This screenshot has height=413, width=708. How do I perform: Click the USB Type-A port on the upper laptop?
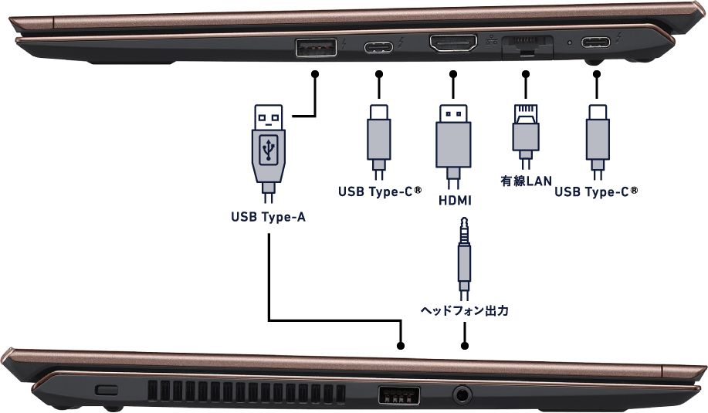[x=316, y=47]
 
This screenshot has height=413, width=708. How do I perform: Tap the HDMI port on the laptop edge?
[x=453, y=43]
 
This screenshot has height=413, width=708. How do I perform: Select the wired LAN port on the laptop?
[x=527, y=45]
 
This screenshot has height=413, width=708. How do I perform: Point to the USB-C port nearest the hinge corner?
[x=595, y=42]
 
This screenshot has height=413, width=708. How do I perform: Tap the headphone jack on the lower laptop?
[x=462, y=394]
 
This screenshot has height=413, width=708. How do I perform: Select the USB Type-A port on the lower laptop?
[x=398, y=396]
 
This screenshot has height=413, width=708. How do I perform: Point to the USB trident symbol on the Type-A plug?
[x=269, y=150]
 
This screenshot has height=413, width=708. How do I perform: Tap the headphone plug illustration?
[x=464, y=258]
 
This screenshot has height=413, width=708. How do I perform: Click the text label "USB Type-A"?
[x=268, y=217]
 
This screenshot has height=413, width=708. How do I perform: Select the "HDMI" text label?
[x=455, y=200]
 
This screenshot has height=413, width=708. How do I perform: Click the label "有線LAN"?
[x=526, y=181]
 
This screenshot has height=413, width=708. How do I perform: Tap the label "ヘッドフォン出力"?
[x=464, y=310]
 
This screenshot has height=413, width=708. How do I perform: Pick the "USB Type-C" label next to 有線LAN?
[x=596, y=191]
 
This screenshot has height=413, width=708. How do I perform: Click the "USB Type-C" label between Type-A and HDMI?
[x=380, y=191]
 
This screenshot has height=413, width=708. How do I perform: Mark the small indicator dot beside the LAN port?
[x=569, y=43]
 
